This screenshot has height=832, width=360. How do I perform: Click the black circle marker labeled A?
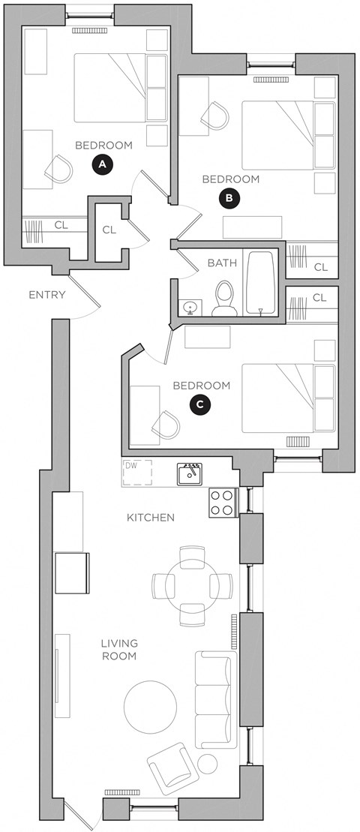[103, 164]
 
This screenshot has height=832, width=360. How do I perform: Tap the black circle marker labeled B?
[229, 198]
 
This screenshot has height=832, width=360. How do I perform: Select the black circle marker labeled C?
[199, 404]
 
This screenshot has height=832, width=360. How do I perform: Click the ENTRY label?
[47, 295]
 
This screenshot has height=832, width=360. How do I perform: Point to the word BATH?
[223, 263]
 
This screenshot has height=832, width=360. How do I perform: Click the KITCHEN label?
[151, 518]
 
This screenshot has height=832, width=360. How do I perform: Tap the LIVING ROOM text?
[119, 650]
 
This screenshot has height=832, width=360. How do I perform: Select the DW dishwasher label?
[132, 466]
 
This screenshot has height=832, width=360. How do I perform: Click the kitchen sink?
[189, 474]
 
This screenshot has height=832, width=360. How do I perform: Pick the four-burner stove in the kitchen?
[223, 502]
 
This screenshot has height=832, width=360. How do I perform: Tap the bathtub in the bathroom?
[261, 282]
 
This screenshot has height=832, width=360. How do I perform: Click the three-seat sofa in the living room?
[215, 695]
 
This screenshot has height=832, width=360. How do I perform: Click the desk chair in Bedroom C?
[166, 426]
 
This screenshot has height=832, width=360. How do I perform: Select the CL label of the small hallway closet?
[109, 230]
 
